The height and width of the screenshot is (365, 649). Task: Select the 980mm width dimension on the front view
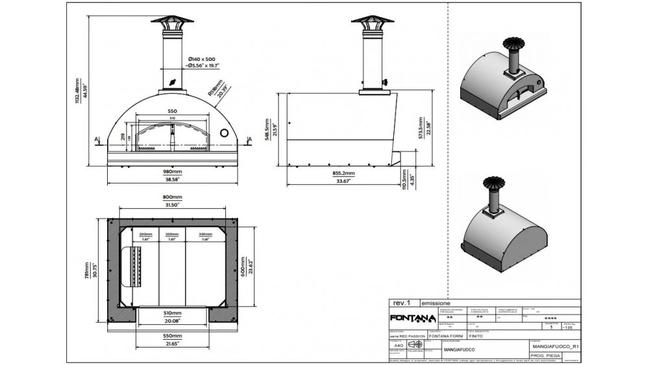[172, 171]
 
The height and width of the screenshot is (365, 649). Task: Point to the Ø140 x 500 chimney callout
[202, 56]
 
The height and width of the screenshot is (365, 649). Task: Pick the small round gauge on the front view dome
[224, 133]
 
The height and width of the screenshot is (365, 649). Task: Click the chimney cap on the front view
[172, 19]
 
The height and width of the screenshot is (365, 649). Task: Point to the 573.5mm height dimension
[421, 128]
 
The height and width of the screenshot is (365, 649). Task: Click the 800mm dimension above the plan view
[172, 196]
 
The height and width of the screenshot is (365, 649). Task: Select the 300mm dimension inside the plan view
[205, 235]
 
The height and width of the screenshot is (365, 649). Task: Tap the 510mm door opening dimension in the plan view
[172, 312]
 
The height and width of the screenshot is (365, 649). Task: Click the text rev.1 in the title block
[401, 303]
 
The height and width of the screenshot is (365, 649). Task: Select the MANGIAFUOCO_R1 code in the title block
[554, 347]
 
